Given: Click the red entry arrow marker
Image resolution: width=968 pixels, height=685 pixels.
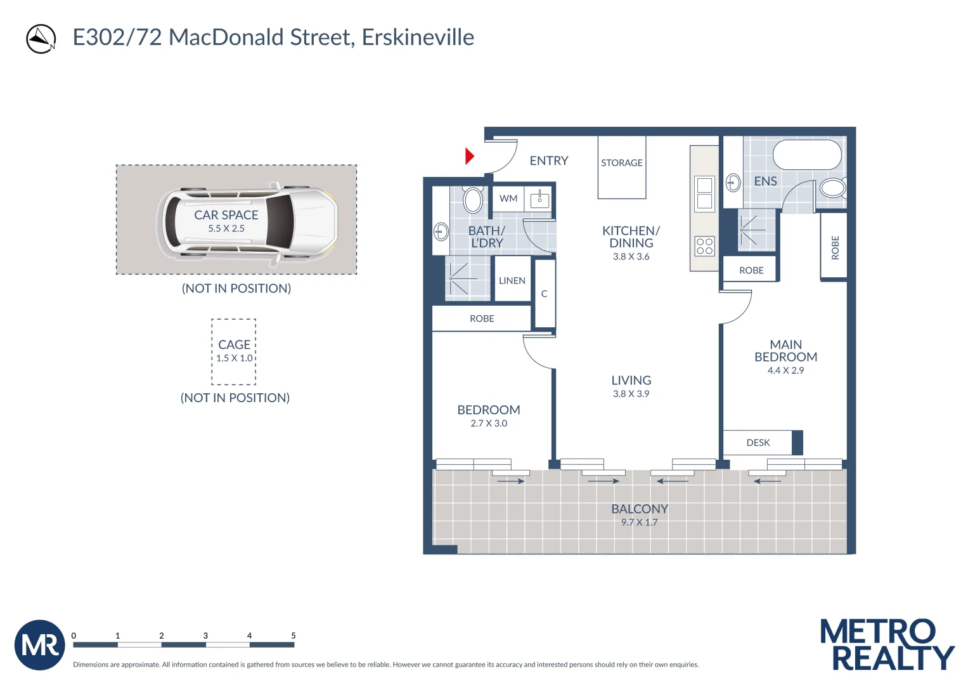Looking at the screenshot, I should pos(469,156).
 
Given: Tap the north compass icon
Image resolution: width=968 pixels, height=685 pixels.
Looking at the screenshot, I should pos(41,39).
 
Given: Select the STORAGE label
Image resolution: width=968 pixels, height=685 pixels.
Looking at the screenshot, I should pos(621,163).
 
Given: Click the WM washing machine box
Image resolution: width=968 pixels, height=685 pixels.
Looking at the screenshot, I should pos(508,199).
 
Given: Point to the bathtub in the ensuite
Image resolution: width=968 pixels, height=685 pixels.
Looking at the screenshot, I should pos(806,155).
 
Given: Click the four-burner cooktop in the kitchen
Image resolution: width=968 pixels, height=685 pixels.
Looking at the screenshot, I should pos(705,246).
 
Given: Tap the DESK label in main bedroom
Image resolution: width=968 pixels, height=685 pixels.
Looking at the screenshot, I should pos(758,443).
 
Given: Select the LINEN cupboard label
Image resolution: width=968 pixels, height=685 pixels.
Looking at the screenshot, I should pos(512,281).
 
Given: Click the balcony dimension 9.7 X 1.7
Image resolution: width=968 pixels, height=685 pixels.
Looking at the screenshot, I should pos(639,523).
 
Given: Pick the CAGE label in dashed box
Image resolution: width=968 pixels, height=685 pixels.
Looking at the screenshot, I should pos(234,344).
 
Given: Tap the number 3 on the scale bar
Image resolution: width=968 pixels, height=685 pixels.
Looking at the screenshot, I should pos(205,636).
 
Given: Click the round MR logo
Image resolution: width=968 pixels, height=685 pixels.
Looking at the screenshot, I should pos(40,645).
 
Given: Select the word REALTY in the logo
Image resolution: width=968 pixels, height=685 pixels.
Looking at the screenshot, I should pos(892,658).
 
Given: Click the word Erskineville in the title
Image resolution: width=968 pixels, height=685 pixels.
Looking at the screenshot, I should pos(418,37).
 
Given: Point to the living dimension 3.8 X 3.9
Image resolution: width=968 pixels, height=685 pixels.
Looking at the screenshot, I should pos(631,394).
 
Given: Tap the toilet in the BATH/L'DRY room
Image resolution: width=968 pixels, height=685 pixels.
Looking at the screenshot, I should pos(473,200).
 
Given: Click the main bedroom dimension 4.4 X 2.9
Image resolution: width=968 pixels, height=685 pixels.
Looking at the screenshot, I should pos(785,370).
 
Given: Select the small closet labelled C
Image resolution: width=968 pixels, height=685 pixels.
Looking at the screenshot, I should pos(544,294).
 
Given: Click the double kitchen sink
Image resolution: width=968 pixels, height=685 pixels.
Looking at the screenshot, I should pos(705,193).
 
